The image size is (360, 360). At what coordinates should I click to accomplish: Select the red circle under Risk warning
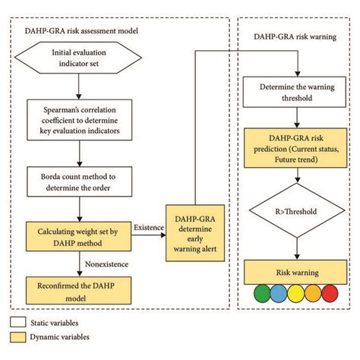pyautogui.click(x=330, y=292)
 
